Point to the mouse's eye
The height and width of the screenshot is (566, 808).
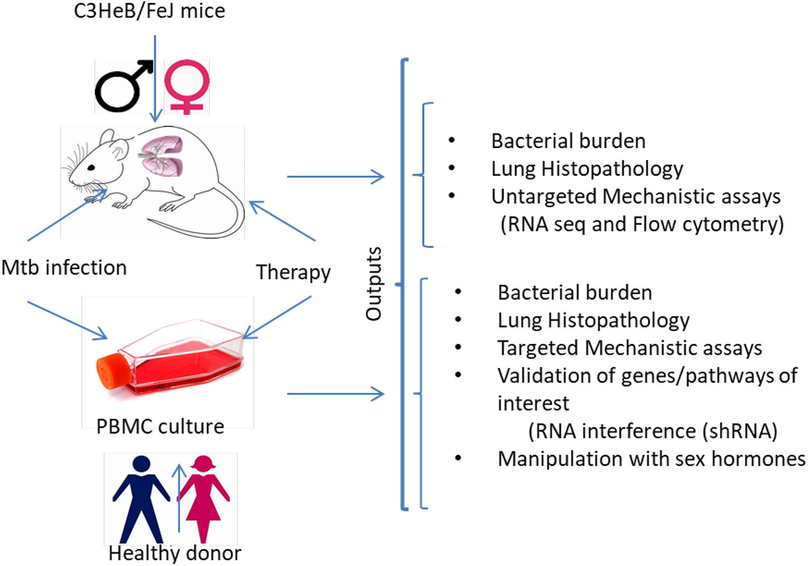(x=91, y=167)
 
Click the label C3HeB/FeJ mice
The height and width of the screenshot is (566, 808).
(x=149, y=11)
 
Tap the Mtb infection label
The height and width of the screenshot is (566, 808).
(x=64, y=267)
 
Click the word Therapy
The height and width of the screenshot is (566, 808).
(x=293, y=272)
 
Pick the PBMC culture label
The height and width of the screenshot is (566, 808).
(x=160, y=426)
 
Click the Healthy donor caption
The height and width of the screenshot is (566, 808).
(x=174, y=553)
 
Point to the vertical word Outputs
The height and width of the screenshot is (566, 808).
(x=373, y=284)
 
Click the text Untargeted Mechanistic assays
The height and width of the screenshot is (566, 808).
(x=635, y=196)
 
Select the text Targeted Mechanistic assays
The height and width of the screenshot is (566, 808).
(x=630, y=348)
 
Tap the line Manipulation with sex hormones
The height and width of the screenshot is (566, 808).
(x=651, y=459)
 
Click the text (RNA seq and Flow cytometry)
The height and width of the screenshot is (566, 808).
(x=642, y=224)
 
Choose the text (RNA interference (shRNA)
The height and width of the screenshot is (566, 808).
(x=652, y=431)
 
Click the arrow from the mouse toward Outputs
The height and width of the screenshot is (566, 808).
(x=335, y=177)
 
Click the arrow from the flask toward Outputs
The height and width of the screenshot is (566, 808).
(x=335, y=393)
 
